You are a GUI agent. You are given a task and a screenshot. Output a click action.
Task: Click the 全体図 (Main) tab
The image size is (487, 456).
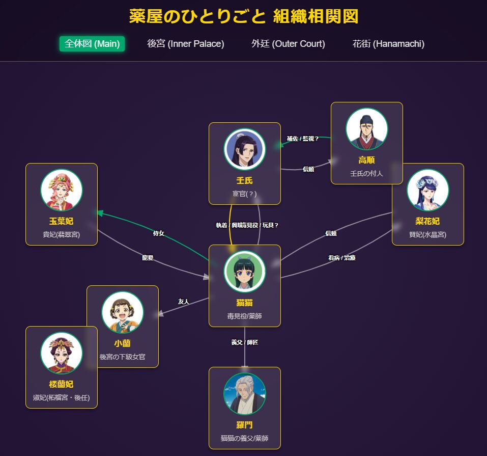(x=92, y=44)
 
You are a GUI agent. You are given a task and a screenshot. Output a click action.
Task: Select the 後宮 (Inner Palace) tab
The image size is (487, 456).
(x=185, y=44)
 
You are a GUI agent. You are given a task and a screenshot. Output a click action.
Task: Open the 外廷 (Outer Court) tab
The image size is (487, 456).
(x=288, y=44)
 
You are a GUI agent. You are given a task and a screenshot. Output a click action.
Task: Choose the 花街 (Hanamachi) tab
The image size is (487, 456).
(x=388, y=44)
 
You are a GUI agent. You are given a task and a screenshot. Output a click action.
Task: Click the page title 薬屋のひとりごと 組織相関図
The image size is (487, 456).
(x=243, y=16)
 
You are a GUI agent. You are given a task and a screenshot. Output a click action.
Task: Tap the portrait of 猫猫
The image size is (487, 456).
(x=245, y=272)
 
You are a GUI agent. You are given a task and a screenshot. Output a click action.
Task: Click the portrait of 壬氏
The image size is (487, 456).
(x=245, y=149)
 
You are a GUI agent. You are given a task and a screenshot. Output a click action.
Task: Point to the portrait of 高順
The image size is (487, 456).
(x=367, y=129)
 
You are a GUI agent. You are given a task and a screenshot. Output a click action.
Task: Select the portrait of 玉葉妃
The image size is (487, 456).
(x=62, y=190)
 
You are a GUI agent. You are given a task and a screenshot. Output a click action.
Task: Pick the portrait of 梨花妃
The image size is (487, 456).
(x=428, y=190)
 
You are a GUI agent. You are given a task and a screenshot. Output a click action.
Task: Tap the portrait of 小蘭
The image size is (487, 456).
(x=123, y=312)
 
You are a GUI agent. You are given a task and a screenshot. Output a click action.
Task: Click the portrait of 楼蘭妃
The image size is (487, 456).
(x=62, y=353)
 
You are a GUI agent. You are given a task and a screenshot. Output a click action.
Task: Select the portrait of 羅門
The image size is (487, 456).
(x=245, y=394)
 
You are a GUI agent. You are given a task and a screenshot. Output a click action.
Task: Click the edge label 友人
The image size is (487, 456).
(x=183, y=302)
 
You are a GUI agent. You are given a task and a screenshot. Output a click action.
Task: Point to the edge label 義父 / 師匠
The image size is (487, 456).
(x=245, y=342)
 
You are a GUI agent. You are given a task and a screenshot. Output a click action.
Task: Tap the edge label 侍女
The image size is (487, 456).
(x=159, y=233)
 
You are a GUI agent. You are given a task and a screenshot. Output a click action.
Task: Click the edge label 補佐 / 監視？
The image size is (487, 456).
(x=303, y=139)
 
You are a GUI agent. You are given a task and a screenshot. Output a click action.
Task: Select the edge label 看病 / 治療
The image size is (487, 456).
(x=342, y=258)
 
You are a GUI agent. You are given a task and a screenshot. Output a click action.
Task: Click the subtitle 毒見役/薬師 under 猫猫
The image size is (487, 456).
(x=245, y=316)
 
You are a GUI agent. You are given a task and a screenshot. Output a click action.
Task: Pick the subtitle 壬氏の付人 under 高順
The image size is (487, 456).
(x=367, y=174)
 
